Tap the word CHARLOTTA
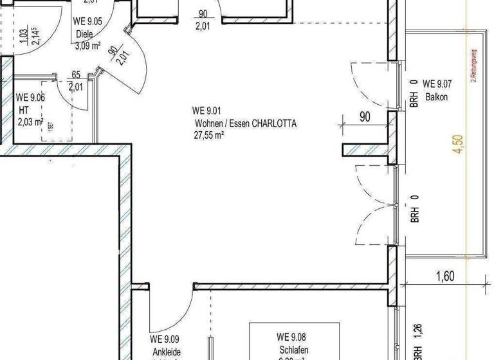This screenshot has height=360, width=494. [274, 123]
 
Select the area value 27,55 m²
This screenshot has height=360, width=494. [209, 135]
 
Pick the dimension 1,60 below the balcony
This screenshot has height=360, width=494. [444, 277]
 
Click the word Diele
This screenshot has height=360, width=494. [85, 34]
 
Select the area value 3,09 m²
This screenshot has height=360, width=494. [88, 45]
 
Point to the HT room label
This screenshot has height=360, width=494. [24, 110]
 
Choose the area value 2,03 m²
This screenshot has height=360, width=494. [30, 122]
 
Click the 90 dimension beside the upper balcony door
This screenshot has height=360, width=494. [365, 117]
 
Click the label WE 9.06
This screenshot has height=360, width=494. [30, 98]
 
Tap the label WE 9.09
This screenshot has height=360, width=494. [165, 339]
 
